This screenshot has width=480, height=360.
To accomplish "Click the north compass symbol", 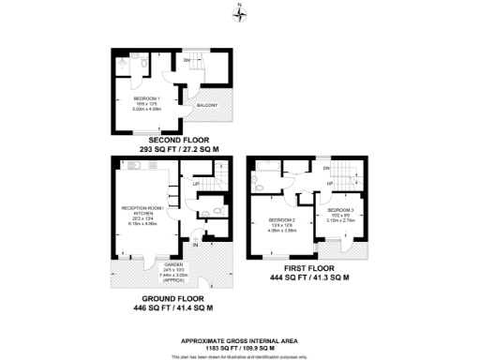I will tap(240, 11).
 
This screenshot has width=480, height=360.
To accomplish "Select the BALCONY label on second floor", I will tap(206, 106).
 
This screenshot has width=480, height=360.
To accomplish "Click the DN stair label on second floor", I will tap(187, 61).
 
